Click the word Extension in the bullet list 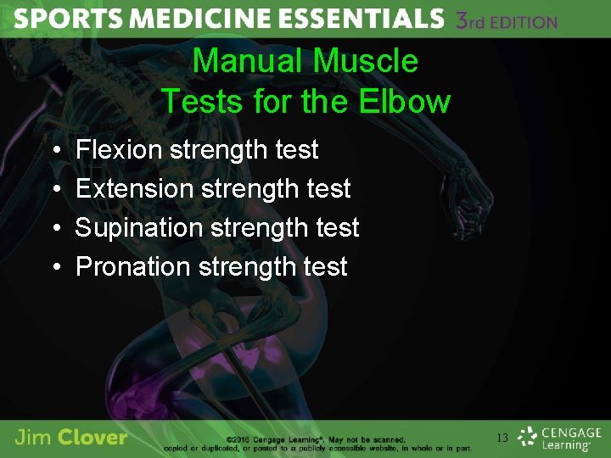pyautogui.click(x=135, y=188)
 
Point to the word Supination pyautogui.click(x=138, y=227)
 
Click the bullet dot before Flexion pyautogui.click(x=54, y=151)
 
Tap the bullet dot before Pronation pyautogui.click(x=54, y=267)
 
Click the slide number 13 pyautogui.click(x=502, y=438)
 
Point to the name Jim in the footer pyautogui.click(x=33, y=438)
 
